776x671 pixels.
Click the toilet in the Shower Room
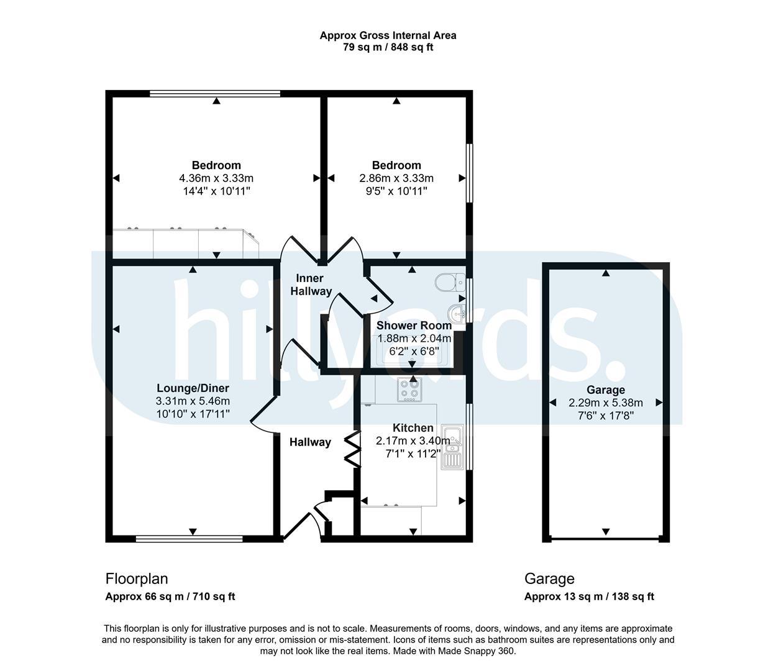pos(450,282)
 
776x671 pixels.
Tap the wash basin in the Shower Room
pos(457,313)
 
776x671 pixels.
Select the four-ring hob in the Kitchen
pos(409,390)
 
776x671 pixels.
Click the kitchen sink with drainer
pos(452,447)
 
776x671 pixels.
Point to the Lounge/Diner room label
pos(193,388)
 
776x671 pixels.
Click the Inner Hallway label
pos(311,285)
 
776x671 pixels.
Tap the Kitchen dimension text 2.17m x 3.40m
pos(413,440)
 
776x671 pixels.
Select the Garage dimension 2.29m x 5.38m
pos(606,403)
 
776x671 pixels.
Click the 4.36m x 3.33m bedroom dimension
pos(216,178)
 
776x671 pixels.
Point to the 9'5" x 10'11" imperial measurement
pos(396,191)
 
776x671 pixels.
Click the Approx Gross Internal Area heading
pos(388,35)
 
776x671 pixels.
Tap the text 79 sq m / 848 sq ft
pos(388,47)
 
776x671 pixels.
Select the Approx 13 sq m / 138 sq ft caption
pos(589,596)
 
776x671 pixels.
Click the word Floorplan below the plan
pos(137,578)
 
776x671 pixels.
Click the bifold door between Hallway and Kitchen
pos(352,449)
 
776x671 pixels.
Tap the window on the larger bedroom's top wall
pos(215,93)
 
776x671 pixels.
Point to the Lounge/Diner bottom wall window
pos(189,539)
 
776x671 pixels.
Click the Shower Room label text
pos(414,325)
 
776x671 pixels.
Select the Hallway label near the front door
pos(310,442)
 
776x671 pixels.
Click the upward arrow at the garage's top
pos(606,273)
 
